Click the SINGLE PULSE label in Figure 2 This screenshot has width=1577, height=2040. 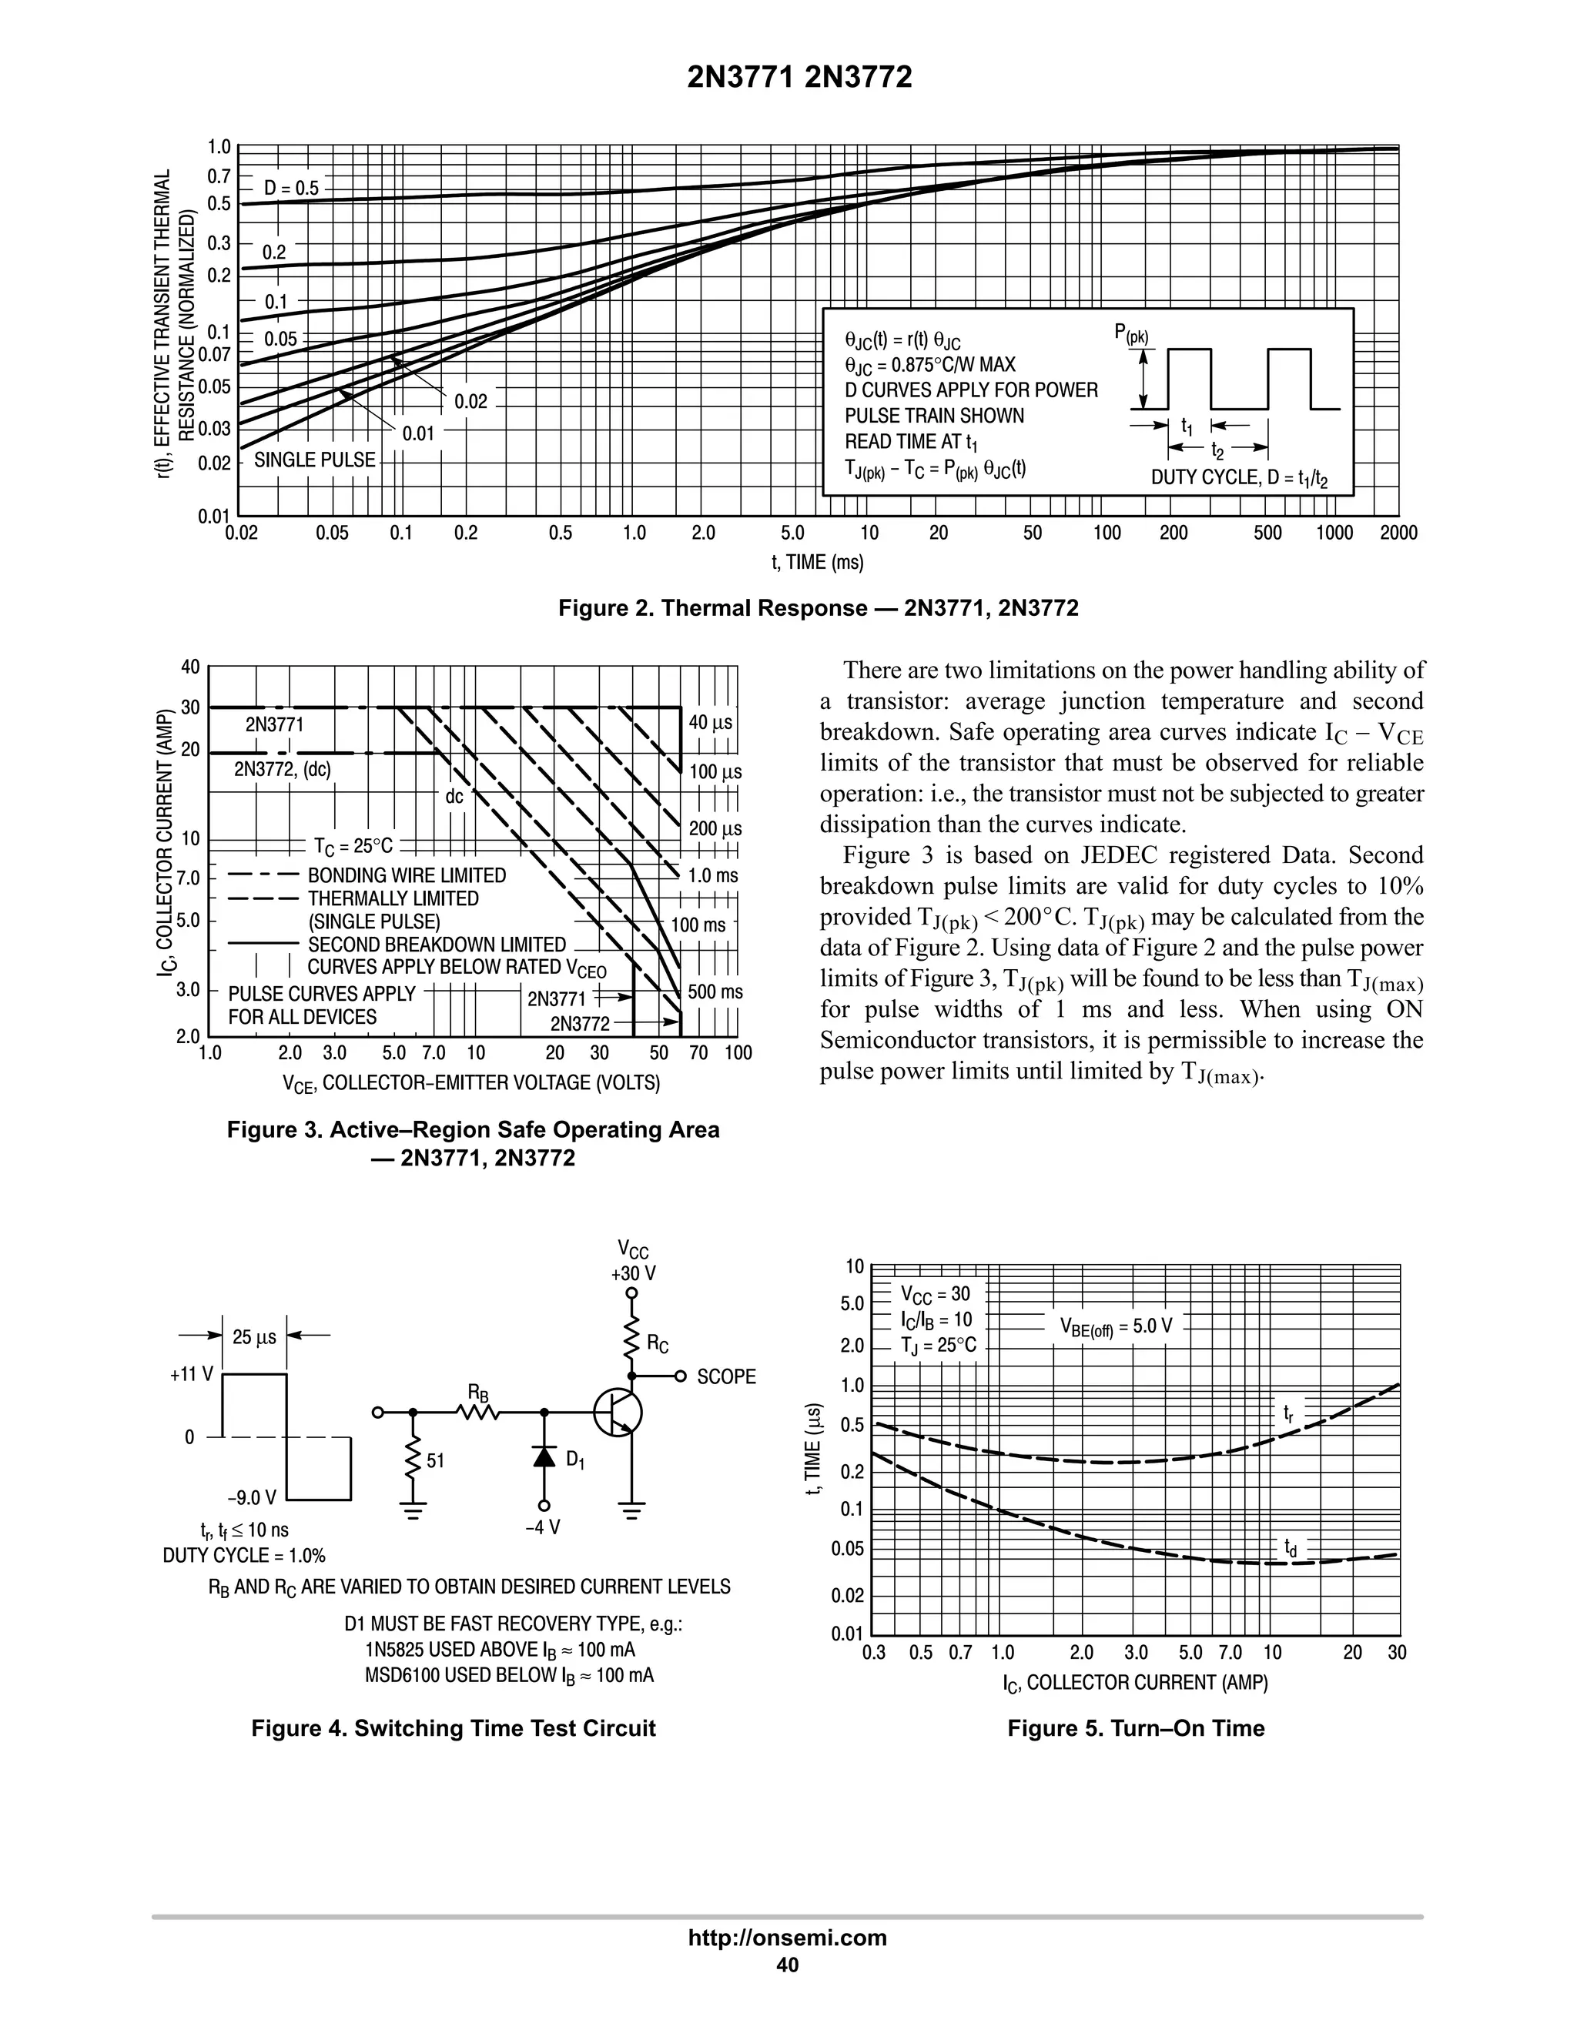tap(314, 460)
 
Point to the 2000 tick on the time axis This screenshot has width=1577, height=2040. tap(1398, 533)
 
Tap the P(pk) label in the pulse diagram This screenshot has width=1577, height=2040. tap(1131, 334)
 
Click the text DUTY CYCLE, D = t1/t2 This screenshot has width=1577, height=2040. tap(1239, 478)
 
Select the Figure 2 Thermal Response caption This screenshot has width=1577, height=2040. tap(818, 608)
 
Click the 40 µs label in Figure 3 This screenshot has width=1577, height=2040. tap(710, 723)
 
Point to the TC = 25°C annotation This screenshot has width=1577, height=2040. tap(354, 846)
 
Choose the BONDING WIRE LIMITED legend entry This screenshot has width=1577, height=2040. tap(407, 875)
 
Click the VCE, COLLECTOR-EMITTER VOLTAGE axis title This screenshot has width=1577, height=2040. tap(470, 1082)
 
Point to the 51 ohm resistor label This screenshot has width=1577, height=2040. tap(435, 1460)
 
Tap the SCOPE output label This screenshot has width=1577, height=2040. tap(726, 1377)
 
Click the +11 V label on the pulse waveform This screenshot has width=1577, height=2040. tap(192, 1374)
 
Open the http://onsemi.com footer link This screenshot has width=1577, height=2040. tap(787, 1938)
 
